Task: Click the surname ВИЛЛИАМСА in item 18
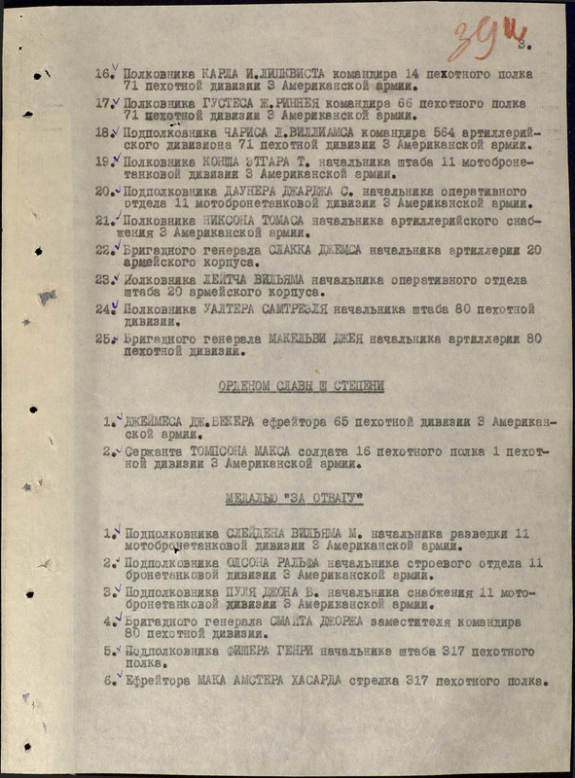pyautogui.click(x=297, y=132)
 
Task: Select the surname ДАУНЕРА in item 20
pyautogui.click(x=250, y=192)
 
